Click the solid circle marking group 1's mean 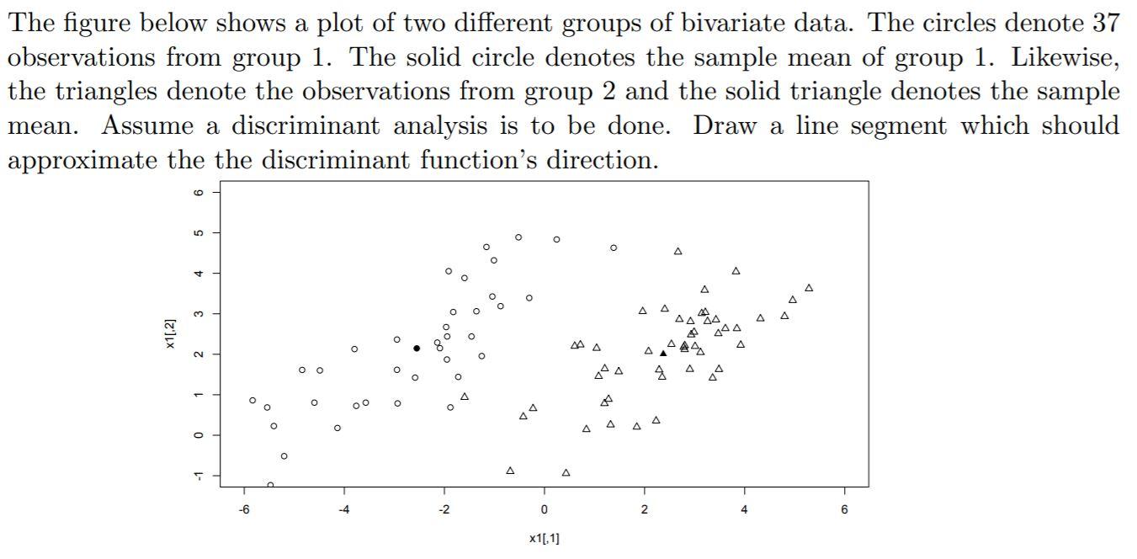[x=417, y=349]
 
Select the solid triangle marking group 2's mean [x=663, y=354]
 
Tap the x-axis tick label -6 [x=243, y=509]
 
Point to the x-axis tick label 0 [x=544, y=509]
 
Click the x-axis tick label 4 [x=744, y=509]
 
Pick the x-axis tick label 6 [x=844, y=509]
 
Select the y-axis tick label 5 [x=198, y=232]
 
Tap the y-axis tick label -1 [x=198, y=476]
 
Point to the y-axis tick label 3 [x=198, y=313]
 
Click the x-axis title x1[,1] [x=544, y=538]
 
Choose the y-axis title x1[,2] [x=171, y=334]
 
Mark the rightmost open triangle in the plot [x=809, y=288]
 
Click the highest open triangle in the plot [x=677, y=251]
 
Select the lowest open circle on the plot [x=270, y=485]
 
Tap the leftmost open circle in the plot [x=252, y=401]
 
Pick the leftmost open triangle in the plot [x=465, y=397]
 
